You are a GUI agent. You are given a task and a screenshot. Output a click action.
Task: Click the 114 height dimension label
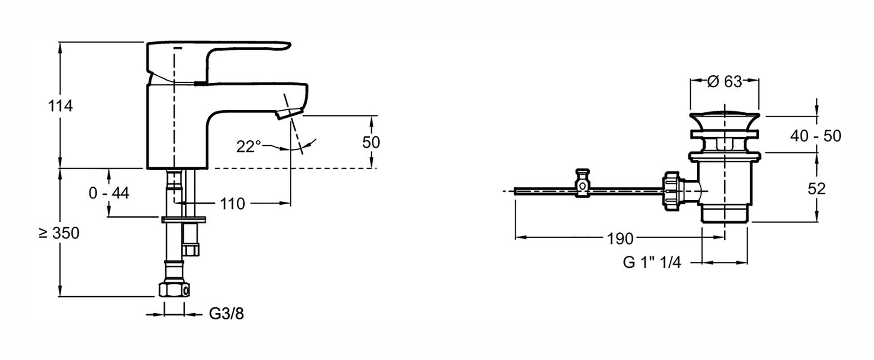(60, 106)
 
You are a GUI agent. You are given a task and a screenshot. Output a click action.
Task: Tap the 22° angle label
(249, 146)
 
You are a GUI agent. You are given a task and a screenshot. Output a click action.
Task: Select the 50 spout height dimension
(371, 142)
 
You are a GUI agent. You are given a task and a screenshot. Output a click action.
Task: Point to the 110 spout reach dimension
(233, 204)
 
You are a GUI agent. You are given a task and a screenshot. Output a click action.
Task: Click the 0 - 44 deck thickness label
(109, 193)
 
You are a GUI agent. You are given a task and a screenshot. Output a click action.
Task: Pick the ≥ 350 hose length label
(59, 233)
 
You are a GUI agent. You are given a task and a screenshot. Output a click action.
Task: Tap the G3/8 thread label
(226, 314)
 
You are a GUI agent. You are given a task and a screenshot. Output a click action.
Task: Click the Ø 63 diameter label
(725, 81)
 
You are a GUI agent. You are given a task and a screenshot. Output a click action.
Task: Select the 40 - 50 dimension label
(816, 136)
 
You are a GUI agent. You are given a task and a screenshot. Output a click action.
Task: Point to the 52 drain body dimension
(816, 189)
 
